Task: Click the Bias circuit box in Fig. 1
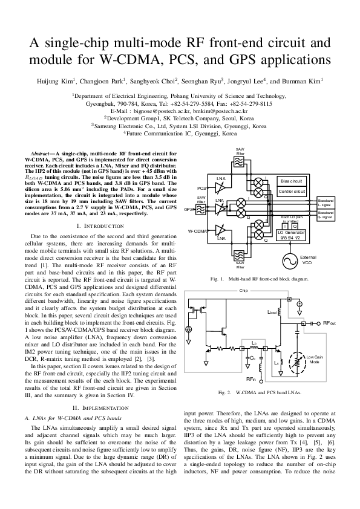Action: [292, 181]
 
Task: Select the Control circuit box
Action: [292, 192]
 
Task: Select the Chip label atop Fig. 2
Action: [244, 291]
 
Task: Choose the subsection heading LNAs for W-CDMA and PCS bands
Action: [76, 418]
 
